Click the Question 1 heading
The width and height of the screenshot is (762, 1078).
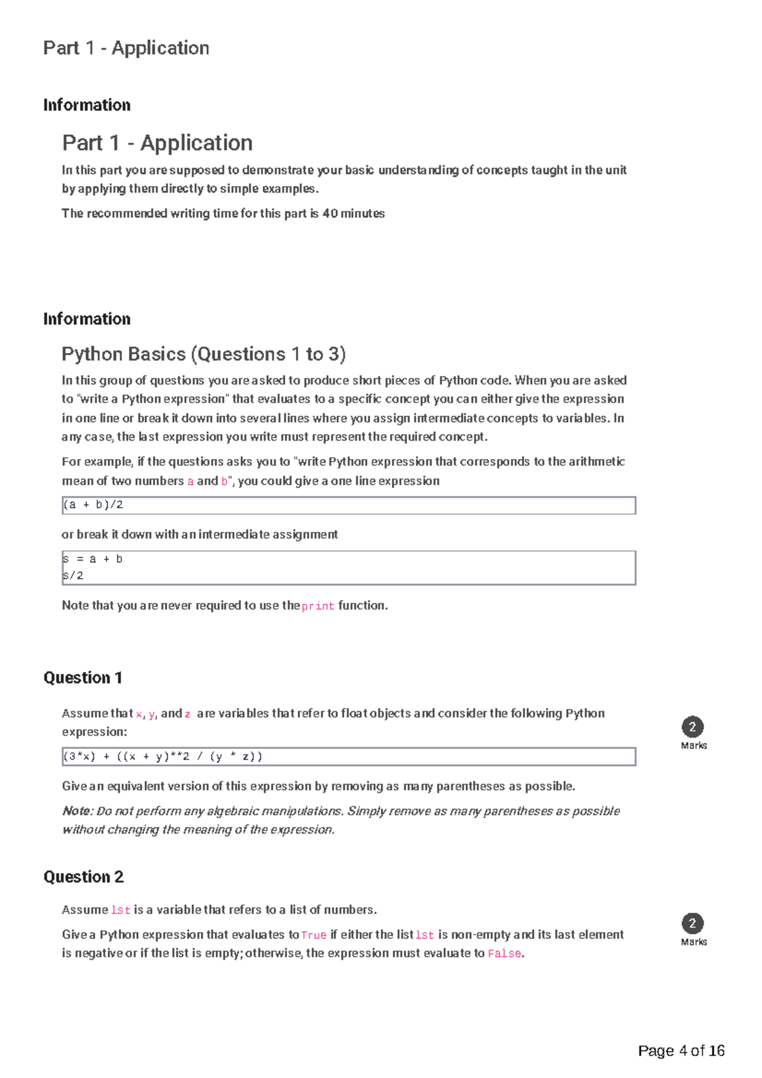83,678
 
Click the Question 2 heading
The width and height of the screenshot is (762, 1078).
83,877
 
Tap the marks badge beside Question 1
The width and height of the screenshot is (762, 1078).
693,728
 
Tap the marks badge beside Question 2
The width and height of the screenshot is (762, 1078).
693,924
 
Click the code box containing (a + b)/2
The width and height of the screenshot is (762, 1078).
349,505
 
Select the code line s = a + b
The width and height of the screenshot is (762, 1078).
93,559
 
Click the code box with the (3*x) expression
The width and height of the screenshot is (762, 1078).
349,757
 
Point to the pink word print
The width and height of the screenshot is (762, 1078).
317,606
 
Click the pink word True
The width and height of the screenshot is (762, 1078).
314,935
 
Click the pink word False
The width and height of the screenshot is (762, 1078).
504,954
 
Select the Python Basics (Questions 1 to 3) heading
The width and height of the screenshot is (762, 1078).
203,354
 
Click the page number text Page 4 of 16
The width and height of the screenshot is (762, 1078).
681,1051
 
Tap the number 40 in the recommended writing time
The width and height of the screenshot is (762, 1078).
330,214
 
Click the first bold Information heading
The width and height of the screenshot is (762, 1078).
86,105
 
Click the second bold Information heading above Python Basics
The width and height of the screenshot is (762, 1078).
86,319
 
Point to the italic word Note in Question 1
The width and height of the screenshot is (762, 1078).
76,811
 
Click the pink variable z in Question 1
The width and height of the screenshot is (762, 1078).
188,714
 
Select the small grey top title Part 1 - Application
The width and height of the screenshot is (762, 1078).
126,48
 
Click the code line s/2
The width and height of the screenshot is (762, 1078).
73,576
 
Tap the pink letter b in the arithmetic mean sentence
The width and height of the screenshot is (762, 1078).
224,482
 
